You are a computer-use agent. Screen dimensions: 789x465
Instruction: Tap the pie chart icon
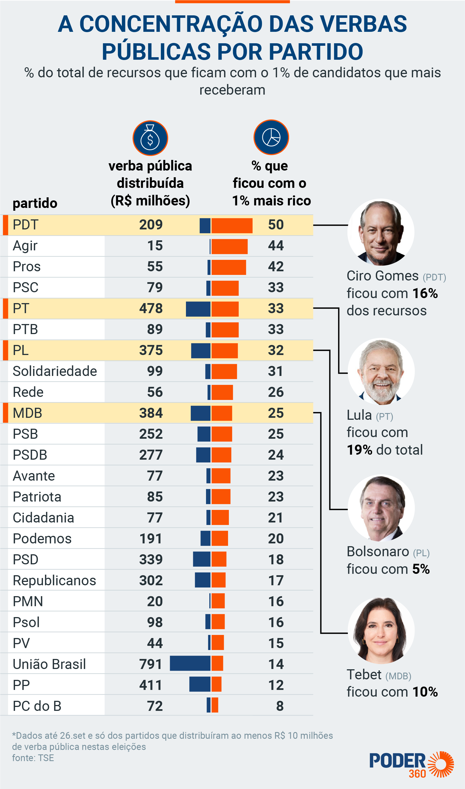[x=271, y=137]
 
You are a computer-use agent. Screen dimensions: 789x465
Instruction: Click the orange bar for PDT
[x=232, y=226]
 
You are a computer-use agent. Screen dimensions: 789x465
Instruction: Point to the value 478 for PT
[x=151, y=308]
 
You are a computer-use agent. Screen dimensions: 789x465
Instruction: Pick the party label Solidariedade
[x=55, y=371]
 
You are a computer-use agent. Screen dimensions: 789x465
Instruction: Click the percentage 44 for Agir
[x=276, y=246]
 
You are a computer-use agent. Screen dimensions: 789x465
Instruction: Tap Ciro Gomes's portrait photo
[x=381, y=232]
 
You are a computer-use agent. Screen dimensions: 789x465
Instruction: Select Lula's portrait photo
[x=381, y=371]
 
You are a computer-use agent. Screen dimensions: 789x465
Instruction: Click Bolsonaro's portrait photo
[x=381, y=508]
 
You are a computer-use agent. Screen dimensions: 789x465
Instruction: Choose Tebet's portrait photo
[x=381, y=630]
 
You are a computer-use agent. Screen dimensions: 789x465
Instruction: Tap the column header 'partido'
[x=35, y=203]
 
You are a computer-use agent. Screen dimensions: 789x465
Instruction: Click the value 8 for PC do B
[x=280, y=706]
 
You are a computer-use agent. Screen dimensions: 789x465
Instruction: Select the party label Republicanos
[x=54, y=581]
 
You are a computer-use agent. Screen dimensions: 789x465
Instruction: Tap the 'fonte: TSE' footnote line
[x=33, y=758]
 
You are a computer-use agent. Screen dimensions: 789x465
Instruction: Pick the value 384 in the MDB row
[x=151, y=413]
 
